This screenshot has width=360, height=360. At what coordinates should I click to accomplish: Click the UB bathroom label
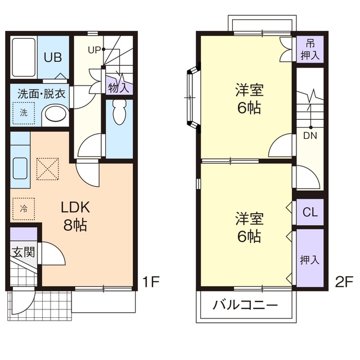click(53, 57)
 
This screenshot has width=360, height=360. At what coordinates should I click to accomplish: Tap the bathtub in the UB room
click(24, 57)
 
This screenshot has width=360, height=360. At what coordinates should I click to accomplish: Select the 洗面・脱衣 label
click(42, 94)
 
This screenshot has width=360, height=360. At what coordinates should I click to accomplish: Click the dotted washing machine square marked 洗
click(24, 113)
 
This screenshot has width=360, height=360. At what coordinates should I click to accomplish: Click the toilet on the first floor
click(119, 112)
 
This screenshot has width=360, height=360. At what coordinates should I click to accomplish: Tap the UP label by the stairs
click(94, 50)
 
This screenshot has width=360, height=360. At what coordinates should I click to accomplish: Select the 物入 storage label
click(119, 88)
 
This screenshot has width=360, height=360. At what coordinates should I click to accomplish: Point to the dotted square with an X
click(47, 169)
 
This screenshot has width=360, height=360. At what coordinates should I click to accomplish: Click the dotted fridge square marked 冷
click(24, 209)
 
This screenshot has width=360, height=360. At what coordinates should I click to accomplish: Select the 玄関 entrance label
click(24, 253)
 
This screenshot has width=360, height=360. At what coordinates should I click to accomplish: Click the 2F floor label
click(344, 282)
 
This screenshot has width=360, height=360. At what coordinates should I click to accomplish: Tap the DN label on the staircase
click(310, 136)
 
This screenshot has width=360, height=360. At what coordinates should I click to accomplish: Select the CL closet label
click(310, 212)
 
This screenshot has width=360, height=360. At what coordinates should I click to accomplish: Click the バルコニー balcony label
click(245, 305)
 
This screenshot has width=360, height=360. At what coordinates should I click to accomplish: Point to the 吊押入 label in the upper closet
click(310, 49)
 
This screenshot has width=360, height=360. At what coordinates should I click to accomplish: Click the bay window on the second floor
click(192, 97)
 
